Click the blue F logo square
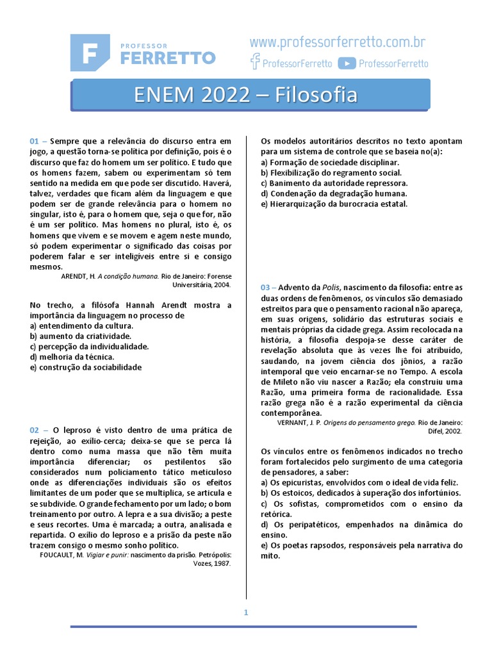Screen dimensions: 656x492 90,52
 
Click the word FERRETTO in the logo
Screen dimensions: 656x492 167,58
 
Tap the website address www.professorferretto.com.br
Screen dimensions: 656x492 338,43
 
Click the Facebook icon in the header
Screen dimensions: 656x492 255,62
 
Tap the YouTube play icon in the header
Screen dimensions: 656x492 347,63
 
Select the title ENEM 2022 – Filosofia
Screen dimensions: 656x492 245,95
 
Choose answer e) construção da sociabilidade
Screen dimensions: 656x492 86,367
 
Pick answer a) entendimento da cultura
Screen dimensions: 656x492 81,325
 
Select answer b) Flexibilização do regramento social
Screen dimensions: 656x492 331,172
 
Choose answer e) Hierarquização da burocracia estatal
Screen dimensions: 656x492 334,204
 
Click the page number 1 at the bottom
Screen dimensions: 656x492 245,612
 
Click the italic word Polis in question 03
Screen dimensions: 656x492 330,288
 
